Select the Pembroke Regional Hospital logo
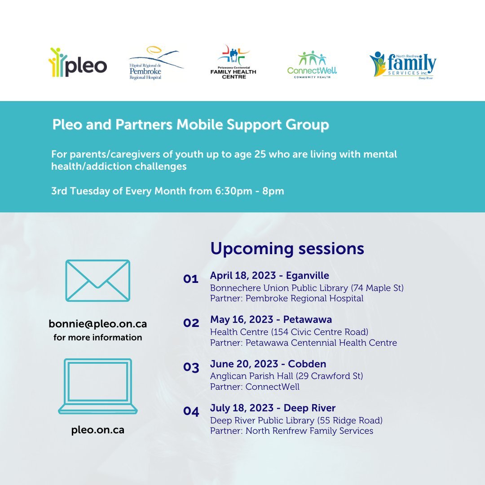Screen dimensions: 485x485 [155, 64]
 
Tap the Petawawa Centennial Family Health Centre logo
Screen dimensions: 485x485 [233, 62]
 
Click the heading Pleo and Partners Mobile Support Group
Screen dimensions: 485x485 [190, 125]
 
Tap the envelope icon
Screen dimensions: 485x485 [97, 281]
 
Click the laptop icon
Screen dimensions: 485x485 [97, 386]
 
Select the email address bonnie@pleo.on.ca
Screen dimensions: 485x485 [97, 323]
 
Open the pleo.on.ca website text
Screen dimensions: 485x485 [97, 430]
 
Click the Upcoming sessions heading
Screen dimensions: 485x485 [287, 248]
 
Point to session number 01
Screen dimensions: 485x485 [190, 279]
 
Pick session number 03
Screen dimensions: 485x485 [191, 367]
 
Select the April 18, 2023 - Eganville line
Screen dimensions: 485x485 [269, 276]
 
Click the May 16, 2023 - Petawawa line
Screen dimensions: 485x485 [271, 320]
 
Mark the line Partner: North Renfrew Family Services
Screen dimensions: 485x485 [291, 431]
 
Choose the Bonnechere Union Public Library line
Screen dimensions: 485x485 [307, 288]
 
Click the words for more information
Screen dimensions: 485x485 [97, 337]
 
